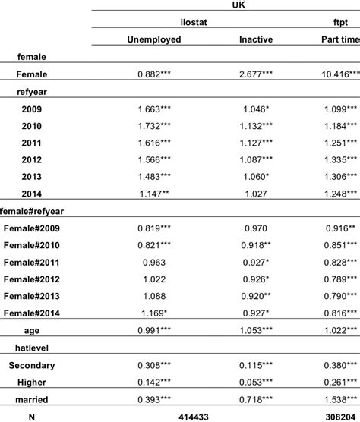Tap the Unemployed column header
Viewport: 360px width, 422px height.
coord(154,39)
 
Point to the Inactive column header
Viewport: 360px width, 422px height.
coord(257,39)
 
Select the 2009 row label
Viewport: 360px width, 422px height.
coord(33,109)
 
